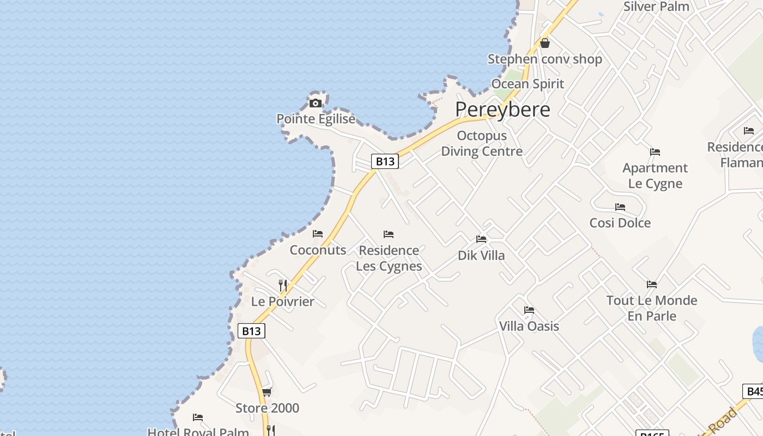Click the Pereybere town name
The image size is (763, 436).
[502, 110]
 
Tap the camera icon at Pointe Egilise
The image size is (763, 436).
[315, 103]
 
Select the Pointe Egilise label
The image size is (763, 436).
[316, 119]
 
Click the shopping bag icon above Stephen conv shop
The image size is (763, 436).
[544, 43]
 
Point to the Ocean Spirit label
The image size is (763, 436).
[528, 84]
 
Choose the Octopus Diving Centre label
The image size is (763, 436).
[482, 143]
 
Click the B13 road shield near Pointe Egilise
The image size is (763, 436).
[385, 161]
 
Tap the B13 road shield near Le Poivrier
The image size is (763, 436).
[251, 331]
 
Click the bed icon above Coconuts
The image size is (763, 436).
[318, 234]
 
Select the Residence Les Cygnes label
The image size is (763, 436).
[389, 258]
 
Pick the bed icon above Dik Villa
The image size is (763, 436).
[481, 239]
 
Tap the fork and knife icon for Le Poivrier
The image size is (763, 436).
[282, 285]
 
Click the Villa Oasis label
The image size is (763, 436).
[529, 326]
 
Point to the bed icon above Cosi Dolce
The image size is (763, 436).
[620, 207]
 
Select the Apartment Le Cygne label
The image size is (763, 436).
[655, 175]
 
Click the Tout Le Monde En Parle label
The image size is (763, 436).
[652, 308]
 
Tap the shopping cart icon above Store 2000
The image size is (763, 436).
[267, 392]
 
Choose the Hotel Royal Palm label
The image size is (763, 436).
[198, 432]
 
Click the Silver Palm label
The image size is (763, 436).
[656, 7]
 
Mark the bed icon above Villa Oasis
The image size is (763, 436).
[529, 310]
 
